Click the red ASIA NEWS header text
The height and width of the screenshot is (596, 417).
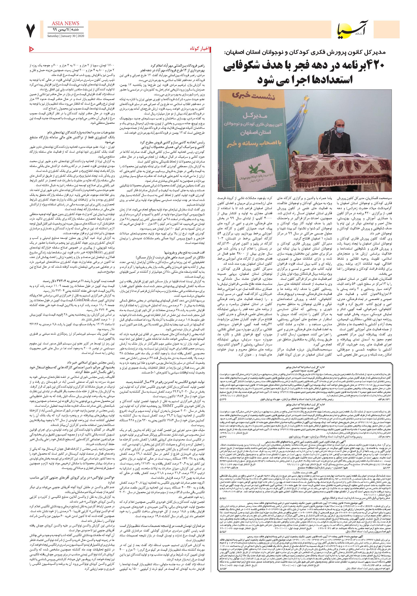(64, 23)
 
